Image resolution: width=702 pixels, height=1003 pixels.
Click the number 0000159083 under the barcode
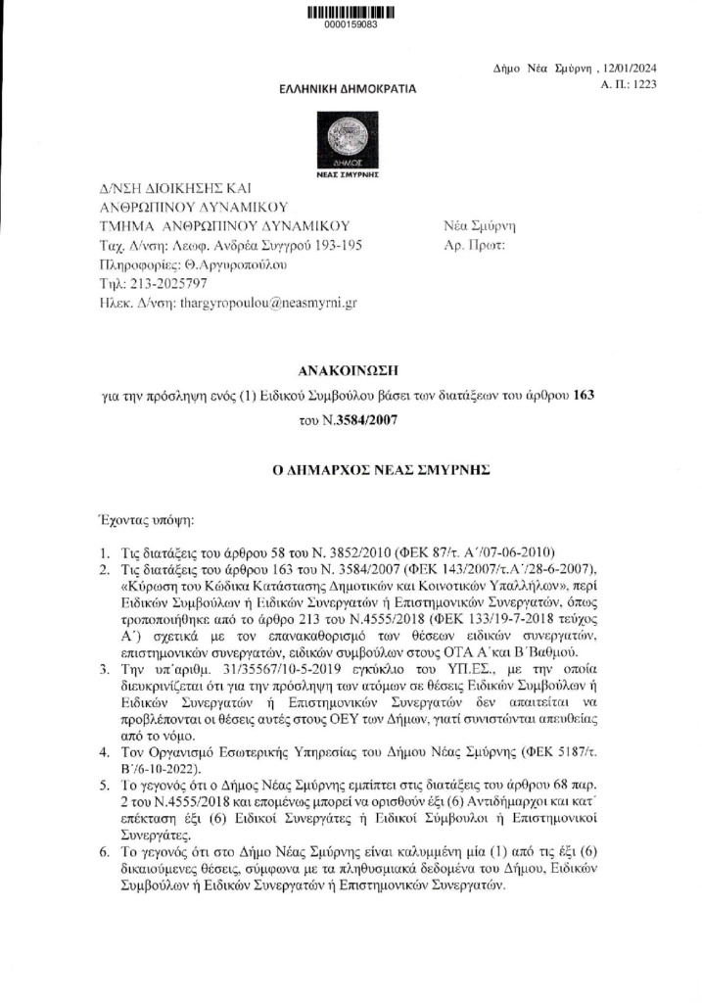[x=351, y=25]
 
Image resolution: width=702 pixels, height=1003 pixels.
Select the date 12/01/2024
[x=632, y=70]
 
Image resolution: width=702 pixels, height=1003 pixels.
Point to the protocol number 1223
[x=642, y=85]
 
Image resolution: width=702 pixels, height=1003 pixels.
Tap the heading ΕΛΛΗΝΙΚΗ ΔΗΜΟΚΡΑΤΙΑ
[x=348, y=89]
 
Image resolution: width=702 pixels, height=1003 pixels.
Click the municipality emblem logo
[x=349, y=136]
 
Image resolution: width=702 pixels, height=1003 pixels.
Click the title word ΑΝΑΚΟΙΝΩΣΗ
[x=351, y=370]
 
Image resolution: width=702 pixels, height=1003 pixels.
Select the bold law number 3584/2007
[x=365, y=420]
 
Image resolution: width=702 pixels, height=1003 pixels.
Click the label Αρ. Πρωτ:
[x=474, y=245]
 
